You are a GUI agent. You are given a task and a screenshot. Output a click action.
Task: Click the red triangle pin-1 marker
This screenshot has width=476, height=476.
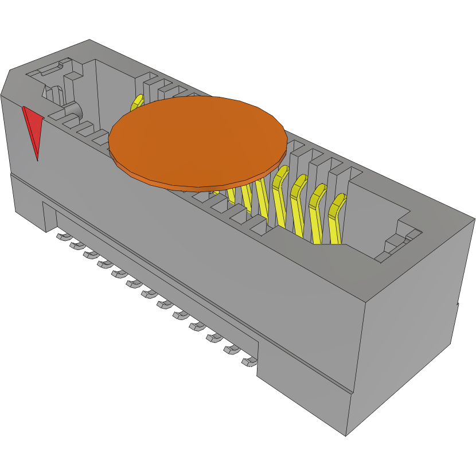[x=33, y=127]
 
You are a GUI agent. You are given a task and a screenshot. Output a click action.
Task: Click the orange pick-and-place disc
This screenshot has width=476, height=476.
[x=198, y=138]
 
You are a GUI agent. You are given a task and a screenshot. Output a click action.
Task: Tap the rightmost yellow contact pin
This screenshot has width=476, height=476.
[x=335, y=220]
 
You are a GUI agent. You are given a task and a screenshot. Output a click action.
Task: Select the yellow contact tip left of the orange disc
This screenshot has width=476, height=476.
[x=136, y=103]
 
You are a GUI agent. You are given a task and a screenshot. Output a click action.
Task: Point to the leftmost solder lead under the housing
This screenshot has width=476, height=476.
[x=61, y=236]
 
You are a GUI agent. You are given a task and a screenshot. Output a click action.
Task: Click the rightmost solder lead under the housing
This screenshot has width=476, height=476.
[x=249, y=362]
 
